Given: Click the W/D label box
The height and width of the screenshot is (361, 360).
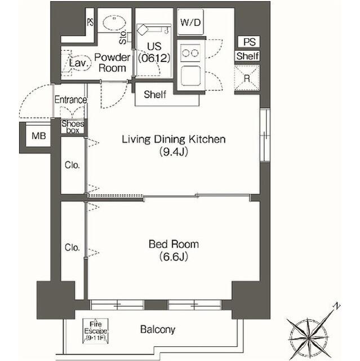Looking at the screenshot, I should tap(190, 22).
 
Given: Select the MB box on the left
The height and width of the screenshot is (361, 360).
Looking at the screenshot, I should tap(38, 136).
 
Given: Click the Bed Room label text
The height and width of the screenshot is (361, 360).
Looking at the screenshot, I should tap(173, 244).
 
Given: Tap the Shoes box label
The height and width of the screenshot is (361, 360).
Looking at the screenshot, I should tap(73, 127).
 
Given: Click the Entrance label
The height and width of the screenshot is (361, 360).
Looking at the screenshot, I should tap(70, 100).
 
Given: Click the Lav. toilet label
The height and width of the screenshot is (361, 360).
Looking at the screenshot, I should tap(78, 64).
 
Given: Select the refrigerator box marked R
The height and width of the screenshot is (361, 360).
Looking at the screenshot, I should tap(247, 78).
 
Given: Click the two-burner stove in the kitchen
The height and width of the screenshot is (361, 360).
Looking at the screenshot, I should tap(191, 53).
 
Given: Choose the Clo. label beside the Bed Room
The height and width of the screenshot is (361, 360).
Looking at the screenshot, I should tap(72, 248).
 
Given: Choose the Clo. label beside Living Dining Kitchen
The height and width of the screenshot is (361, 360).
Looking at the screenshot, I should tap(72, 165).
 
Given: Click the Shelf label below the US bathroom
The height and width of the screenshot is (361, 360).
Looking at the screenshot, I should tap(155, 94).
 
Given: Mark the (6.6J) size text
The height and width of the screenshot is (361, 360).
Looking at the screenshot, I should tap(173, 257).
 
